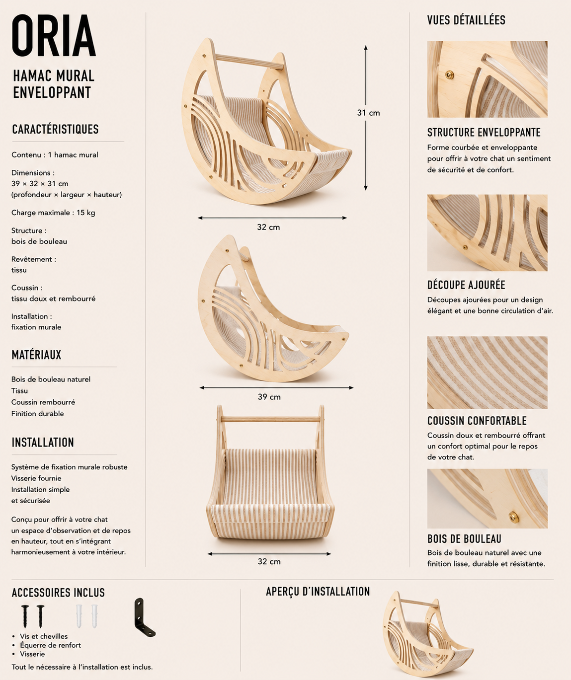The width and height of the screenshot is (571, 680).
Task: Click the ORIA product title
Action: pyautogui.click(x=54, y=35)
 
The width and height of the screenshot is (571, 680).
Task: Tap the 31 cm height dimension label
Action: pyautogui.click(x=368, y=113)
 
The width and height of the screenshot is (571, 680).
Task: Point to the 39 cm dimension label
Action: pyautogui.click(x=269, y=397)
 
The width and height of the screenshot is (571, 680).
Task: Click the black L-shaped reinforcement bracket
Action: pyautogui.click(x=145, y=617)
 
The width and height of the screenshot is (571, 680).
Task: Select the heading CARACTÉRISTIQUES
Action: pyautogui.click(x=55, y=129)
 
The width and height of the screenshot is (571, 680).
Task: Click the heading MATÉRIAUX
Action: pyautogui.click(x=36, y=355)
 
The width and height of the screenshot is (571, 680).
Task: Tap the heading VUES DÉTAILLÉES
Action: pyautogui.click(x=466, y=20)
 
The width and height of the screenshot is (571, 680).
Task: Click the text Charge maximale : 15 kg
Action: pyautogui.click(x=53, y=213)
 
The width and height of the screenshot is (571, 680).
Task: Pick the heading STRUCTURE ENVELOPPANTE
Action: pyautogui.click(x=484, y=132)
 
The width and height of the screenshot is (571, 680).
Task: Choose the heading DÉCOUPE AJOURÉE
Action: pyautogui.click(x=466, y=285)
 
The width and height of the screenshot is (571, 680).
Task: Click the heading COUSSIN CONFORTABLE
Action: pyautogui.click(x=477, y=420)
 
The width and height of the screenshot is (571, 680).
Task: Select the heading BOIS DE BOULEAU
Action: pyautogui.click(x=464, y=539)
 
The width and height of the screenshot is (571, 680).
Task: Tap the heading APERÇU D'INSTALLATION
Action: pyautogui.click(x=318, y=592)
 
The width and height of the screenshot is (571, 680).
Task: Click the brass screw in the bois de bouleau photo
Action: pyautogui.click(x=513, y=516)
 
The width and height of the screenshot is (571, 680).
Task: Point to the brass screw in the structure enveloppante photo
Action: pyautogui.click(x=450, y=75)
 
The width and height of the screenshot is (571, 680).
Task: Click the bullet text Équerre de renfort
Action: pyautogui.click(x=50, y=645)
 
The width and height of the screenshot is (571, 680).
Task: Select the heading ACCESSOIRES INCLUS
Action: pyautogui.click(x=58, y=593)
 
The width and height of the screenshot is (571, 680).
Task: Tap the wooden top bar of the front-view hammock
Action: pyautogui.click(x=270, y=419)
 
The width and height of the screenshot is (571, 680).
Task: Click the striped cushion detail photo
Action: pyautogui.click(x=487, y=373)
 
